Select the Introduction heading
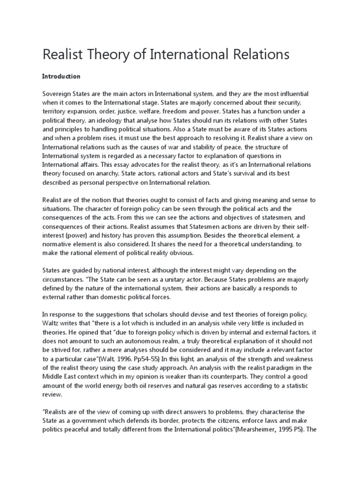click(x=61, y=76)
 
